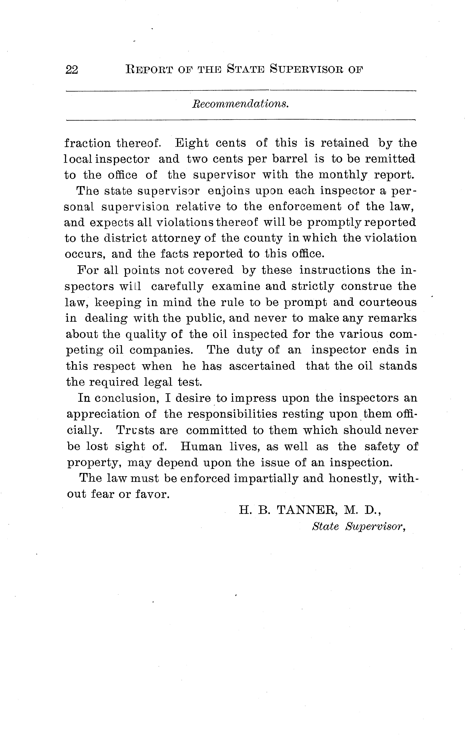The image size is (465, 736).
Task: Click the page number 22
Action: (x=72, y=70)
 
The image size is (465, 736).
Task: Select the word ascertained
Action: (x=262, y=366)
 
